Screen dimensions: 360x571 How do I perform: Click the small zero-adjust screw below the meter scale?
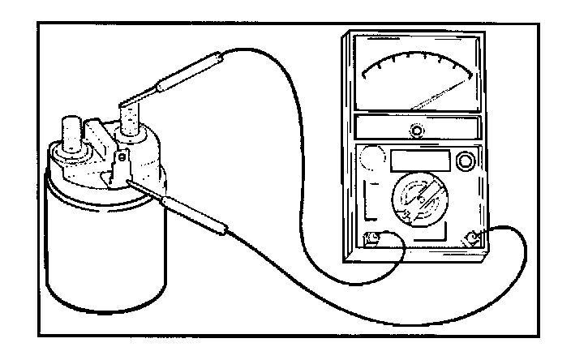click(x=416, y=131)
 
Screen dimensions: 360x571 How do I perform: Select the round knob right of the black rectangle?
click(x=466, y=162)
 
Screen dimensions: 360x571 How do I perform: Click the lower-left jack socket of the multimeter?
click(x=374, y=240)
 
